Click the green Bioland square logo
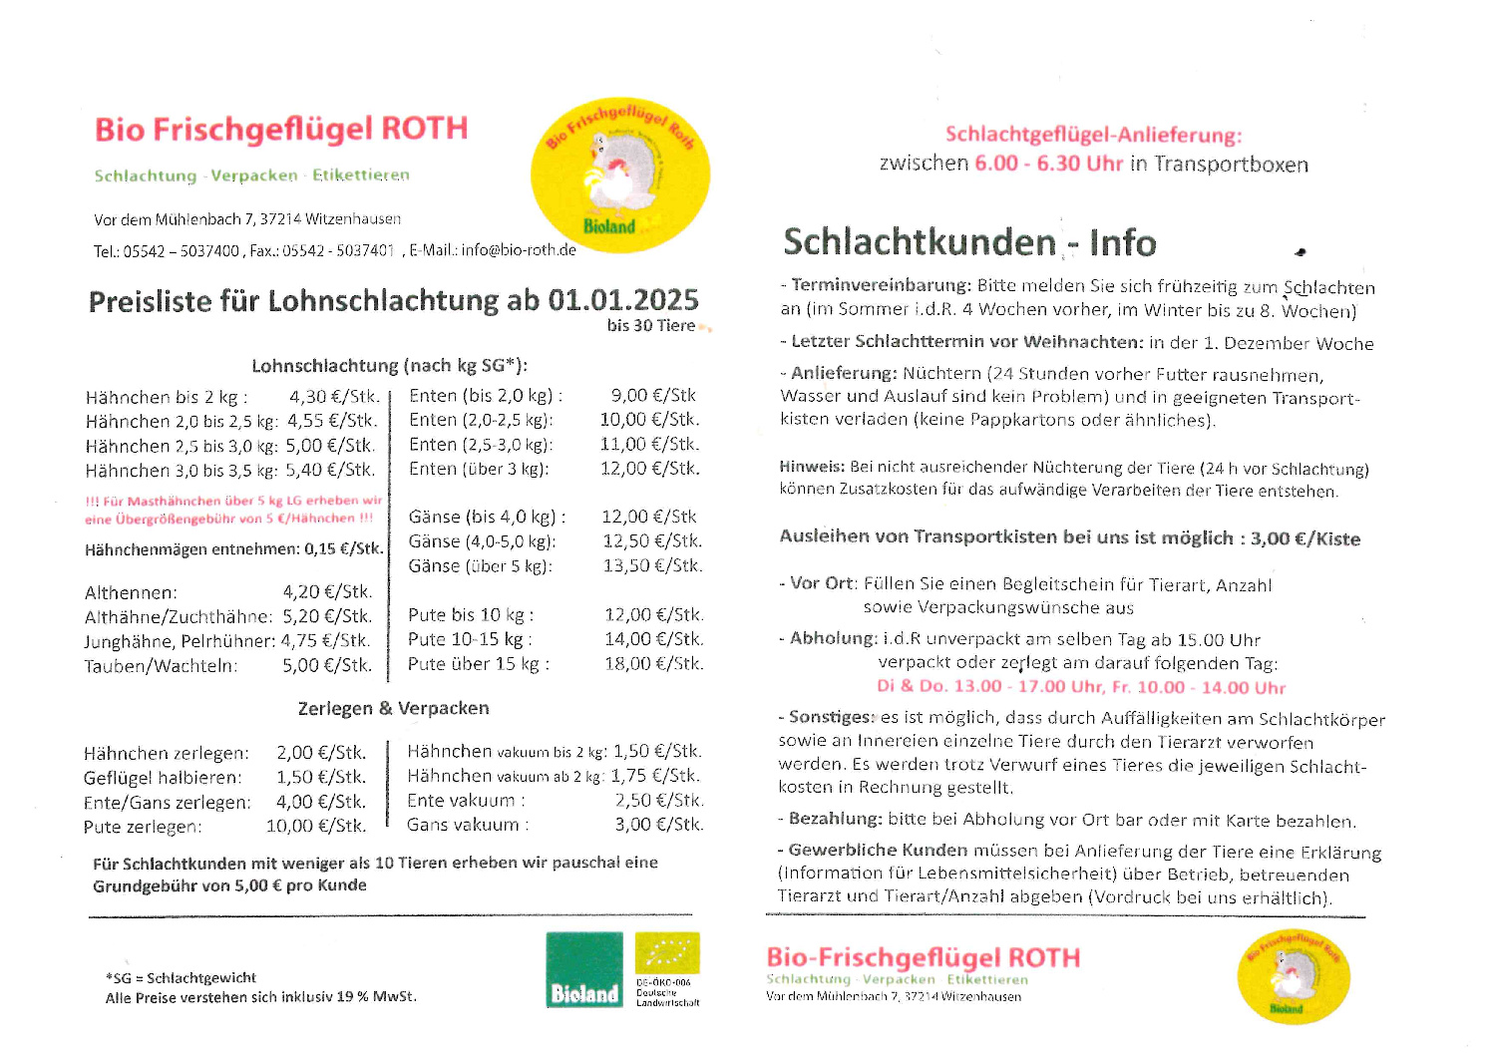(x=584, y=969)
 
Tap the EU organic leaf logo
(x=667, y=953)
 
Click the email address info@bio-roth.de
(x=519, y=250)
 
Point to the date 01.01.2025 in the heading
(x=623, y=300)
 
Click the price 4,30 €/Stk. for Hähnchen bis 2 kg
(x=333, y=397)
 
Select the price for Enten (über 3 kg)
(x=649, y=469)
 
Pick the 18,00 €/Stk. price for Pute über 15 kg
(x=653, y=664)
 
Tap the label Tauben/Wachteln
(x=162, y=666)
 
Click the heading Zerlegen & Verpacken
(x=393, y=709)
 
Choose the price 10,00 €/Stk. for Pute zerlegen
(x=316, y=827)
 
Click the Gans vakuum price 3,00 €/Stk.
(x=658, y=825)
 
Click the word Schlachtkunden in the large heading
(x=919, y=242)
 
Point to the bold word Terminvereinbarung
(x=881, y=286)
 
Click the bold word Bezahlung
(x=835, y=820)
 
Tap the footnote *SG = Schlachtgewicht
(x=181, y=978)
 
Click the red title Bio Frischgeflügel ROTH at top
(x=281, y=130)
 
